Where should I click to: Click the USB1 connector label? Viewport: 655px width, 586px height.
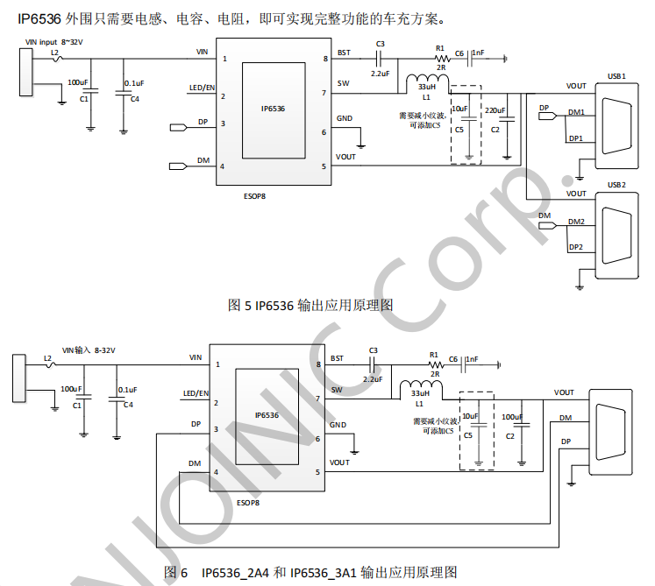coord(616,76)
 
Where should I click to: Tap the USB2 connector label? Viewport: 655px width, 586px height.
coord(616,185)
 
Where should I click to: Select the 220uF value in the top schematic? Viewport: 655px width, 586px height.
coord(495,110)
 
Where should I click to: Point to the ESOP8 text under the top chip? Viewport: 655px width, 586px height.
coord(254,196)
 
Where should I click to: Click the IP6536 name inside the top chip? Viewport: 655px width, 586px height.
coord(273,109)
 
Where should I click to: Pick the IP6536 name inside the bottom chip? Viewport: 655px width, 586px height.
coord(267,415)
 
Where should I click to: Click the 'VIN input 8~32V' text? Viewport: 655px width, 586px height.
coord(53,42)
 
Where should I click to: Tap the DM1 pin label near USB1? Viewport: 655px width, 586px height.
coord(576,112)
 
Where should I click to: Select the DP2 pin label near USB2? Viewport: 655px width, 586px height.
coord(575,247)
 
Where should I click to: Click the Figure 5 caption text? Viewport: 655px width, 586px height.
coord(310,305)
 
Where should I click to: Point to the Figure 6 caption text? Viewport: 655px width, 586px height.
coord(310,572)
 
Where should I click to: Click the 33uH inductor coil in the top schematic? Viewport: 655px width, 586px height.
coord(427,80)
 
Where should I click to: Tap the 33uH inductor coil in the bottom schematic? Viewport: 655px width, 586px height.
coord(421,385)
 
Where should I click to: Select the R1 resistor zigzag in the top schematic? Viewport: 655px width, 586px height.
coord(442,59)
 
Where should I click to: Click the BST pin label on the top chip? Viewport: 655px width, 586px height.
coord(344,53)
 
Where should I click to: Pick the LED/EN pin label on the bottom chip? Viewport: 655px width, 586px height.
coord(196,393)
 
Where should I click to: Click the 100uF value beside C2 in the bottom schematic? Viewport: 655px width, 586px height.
coord(512,417)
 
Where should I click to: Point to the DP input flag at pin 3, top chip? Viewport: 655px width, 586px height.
coord(178,127)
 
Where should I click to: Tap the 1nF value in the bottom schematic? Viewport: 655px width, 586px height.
coord(472,359)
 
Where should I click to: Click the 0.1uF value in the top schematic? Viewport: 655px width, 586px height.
coord(134,83)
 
